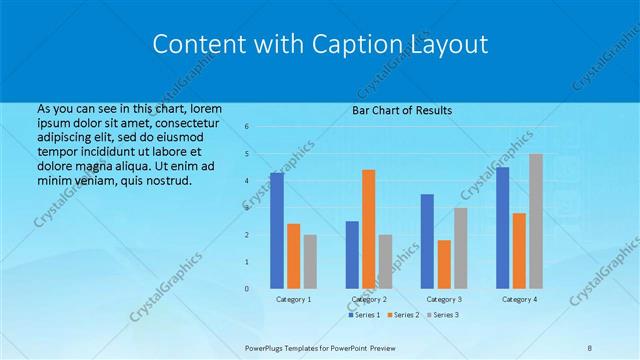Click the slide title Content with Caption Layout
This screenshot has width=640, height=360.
[320, 45]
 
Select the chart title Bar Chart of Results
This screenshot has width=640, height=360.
[402, 110]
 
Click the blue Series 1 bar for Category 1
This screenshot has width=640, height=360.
[277, 231]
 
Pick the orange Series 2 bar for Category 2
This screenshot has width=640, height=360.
[369, 229]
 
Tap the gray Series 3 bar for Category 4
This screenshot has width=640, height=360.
[536, 221]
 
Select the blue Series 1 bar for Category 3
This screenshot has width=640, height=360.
[427, 241]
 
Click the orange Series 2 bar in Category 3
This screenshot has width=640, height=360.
[444, 264]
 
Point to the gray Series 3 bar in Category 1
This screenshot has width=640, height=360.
[310, 261]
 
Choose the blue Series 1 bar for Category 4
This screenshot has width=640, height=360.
[502, 228]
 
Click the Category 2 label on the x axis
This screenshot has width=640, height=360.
[368, 299]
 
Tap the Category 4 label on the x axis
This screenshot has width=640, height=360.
[519, 299]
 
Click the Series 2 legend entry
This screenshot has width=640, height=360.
[405, 315]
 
